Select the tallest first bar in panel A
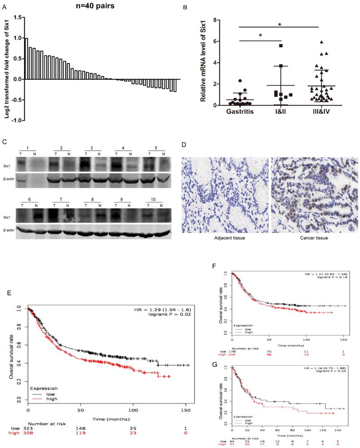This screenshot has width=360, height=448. point(27,59)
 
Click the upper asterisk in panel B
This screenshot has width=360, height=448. point(280,24)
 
